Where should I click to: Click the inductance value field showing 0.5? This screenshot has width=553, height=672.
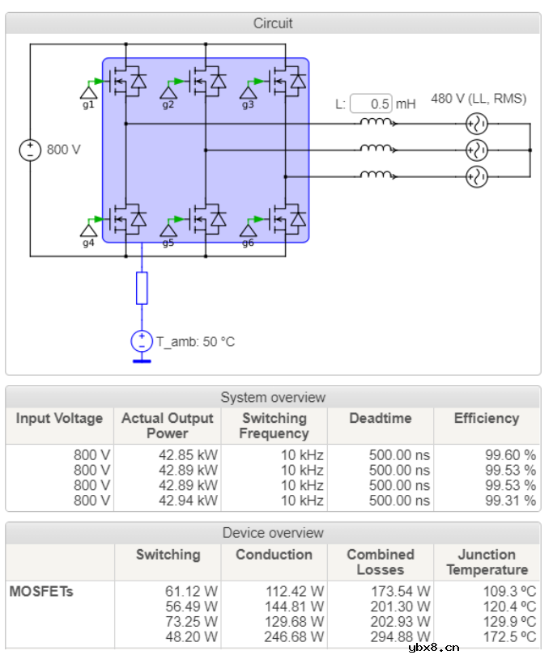pos(372,104)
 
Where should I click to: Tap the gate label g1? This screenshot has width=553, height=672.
pos(88,105)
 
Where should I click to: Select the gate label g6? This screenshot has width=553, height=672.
pos(248,243)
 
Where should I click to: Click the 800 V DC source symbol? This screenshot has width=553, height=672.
pos(30,150)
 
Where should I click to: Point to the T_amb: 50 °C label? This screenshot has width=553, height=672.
pos(195,341)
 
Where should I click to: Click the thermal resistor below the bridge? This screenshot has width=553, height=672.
pos(142,288)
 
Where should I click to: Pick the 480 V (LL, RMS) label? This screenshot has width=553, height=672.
pos(479,99)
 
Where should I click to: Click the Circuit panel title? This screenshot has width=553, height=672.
pos(273,23)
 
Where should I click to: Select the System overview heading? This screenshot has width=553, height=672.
pos(273,397)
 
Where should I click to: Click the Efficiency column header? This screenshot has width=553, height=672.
pos(486,418)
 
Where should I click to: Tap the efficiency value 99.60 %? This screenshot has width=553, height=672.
pos(510,455)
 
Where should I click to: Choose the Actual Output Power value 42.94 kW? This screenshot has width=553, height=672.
pos(188,501)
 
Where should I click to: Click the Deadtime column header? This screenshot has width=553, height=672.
pos(380,418)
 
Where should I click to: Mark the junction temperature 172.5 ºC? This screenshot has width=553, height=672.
pos(509,637)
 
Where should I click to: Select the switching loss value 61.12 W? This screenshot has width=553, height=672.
pos(191,591)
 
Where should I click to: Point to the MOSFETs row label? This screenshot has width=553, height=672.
pos(41,591)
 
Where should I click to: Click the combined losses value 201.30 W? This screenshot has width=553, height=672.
pos(402,606)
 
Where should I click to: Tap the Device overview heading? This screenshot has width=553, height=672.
pos(273,533)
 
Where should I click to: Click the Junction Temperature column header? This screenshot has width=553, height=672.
pos(486,562)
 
